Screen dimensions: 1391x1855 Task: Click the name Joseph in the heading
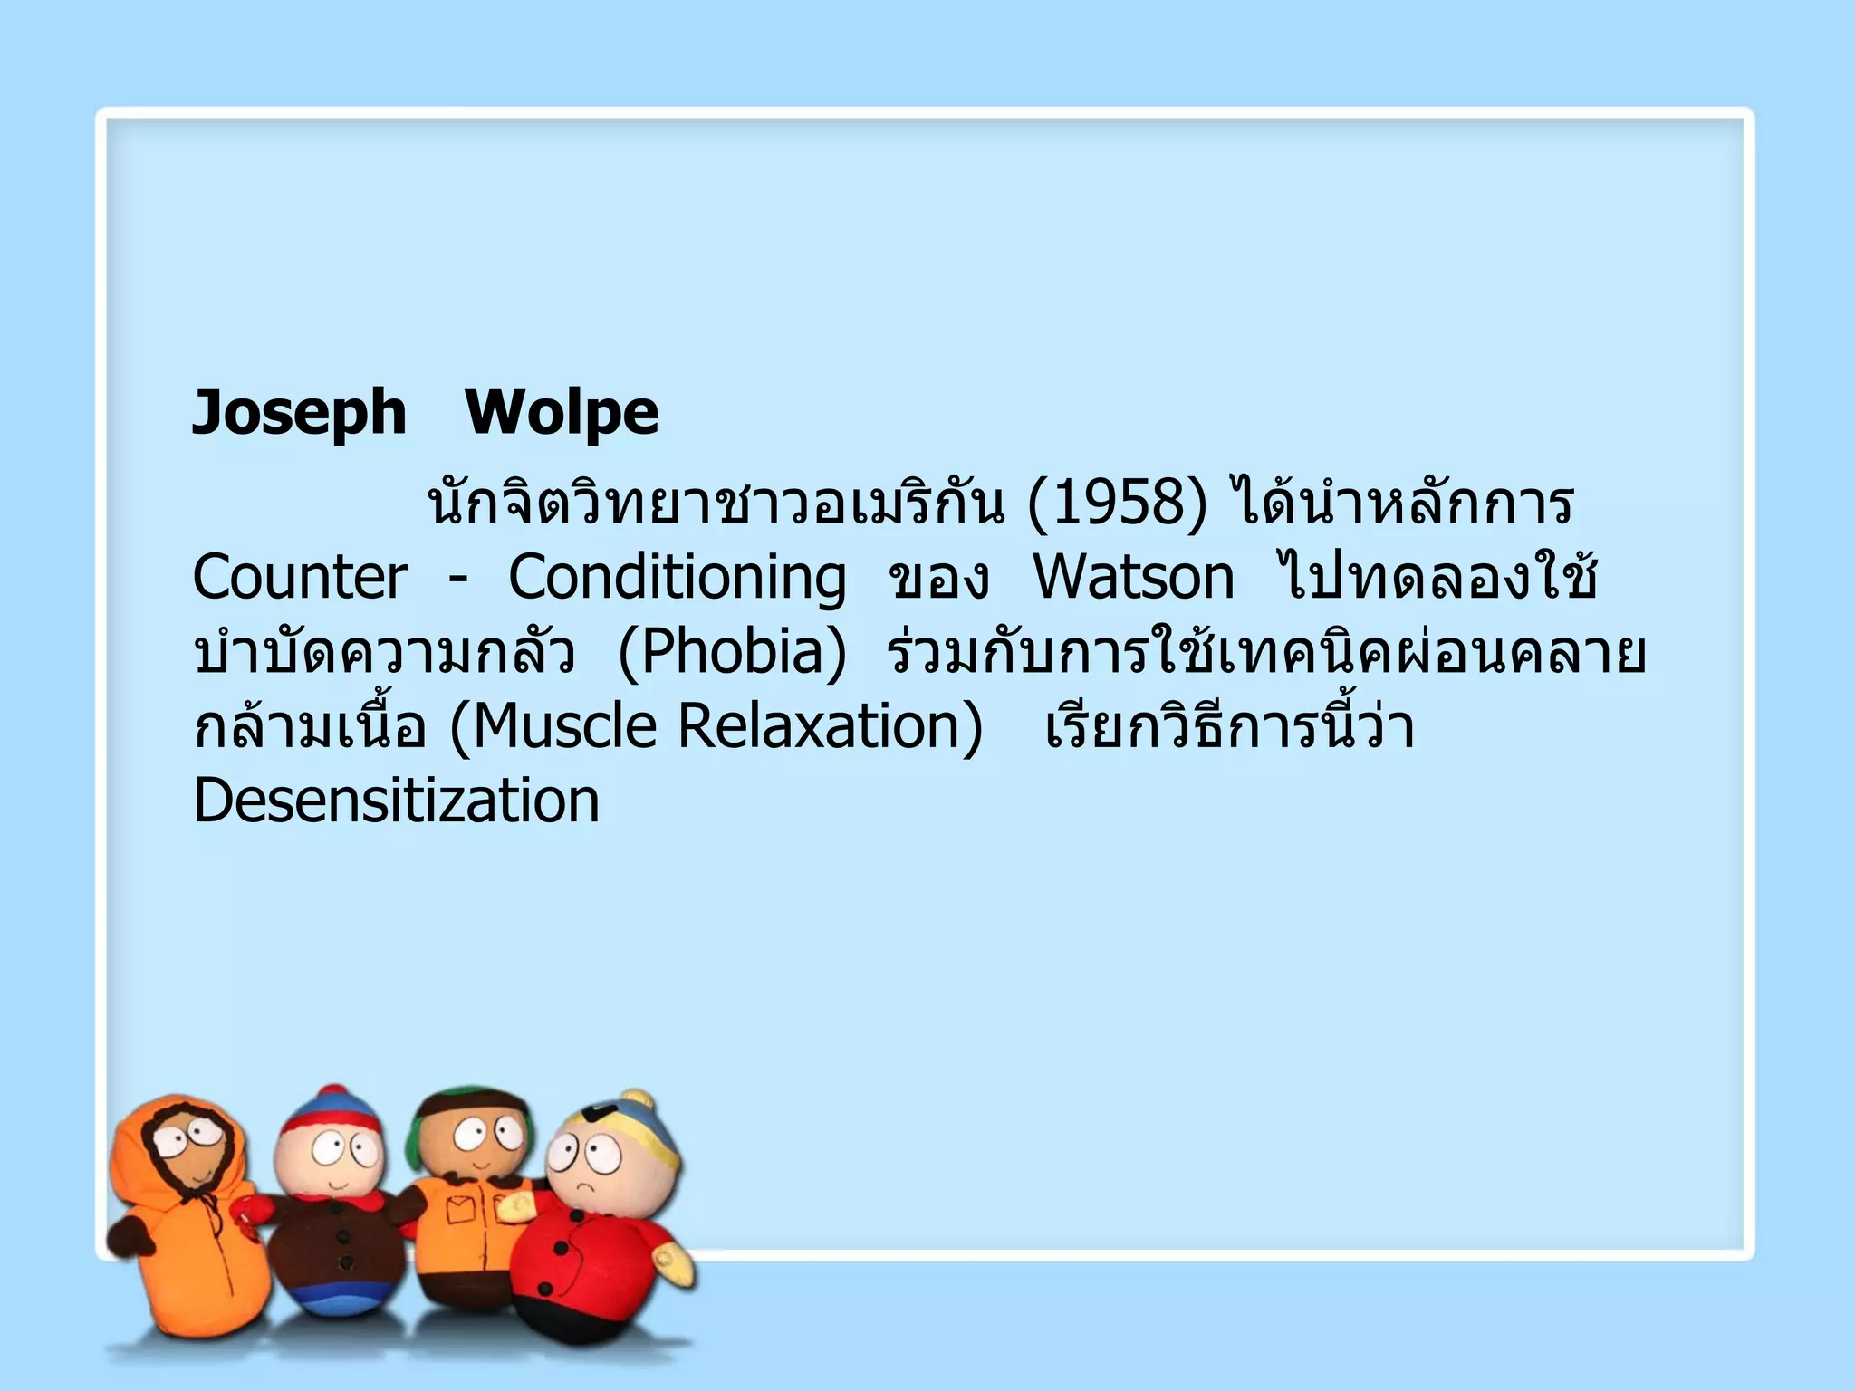click(300, 413)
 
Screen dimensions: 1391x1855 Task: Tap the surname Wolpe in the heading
click(562, 413)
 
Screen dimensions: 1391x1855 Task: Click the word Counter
click(300, 578)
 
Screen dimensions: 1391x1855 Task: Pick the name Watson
click(1134, 578)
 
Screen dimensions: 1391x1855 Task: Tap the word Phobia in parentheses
click(732, 652)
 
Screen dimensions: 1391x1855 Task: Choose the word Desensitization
click(397, 801)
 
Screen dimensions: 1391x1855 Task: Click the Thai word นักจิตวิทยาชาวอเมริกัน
click(716, 504)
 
